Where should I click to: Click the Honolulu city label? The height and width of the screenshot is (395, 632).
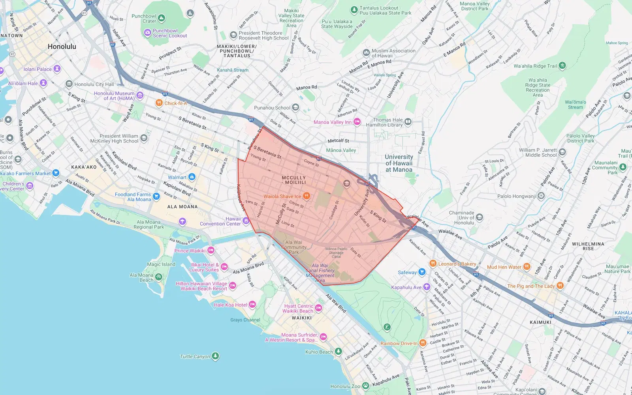tap(62, 47)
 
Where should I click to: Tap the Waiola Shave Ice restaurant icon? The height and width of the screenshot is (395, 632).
tap(306, 196)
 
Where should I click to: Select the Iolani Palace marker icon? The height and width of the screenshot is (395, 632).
tap(57, 69)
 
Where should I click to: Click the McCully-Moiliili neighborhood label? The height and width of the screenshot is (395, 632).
tap(294, 180)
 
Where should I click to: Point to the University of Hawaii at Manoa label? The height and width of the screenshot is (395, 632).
tap(399, 163)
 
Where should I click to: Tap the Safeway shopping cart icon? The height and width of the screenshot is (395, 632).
tap(422, 272)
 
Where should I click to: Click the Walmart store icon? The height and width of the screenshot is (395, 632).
tap(192, 177)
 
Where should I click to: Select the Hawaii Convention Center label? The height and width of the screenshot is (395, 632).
tap(220, 221)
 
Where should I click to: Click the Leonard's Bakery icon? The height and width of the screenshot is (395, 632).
tap(433, 264)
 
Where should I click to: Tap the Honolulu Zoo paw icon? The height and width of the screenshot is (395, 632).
tap(365, 386)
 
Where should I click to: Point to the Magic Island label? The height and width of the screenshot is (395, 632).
tap(161, 264)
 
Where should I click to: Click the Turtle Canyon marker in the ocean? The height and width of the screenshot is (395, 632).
tap(215, 356)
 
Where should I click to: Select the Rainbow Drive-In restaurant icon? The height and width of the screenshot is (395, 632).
tap(423, 343)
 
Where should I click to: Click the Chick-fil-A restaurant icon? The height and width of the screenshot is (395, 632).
tap(159, 103)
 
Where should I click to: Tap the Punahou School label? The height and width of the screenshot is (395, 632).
tap(272, 108)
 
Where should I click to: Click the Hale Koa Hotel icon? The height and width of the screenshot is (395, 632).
tap(252, 305)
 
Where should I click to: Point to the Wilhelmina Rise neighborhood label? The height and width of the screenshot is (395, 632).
tap(588, 246)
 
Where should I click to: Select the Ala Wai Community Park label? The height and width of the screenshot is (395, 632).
tap(293, 247)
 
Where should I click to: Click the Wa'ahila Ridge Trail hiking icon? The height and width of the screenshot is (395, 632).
tap(562, 66)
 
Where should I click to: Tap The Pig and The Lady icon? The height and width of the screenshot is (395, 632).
tap(560, 286)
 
